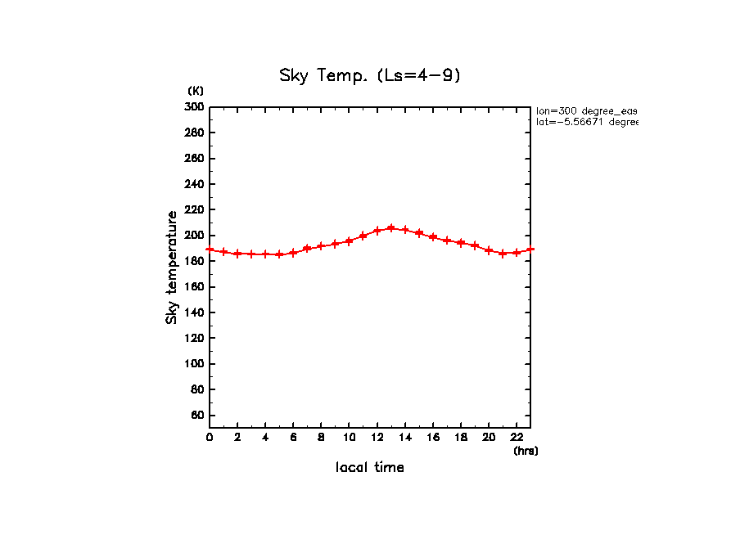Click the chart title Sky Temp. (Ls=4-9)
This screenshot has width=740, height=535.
[x=370, y=76]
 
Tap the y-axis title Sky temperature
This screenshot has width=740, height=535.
[x=172, y=267]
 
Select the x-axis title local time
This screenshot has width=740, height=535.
[x=370, y=468]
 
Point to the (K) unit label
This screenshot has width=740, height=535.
[x=196, y=91]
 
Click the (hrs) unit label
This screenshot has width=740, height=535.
[x=526, y=451]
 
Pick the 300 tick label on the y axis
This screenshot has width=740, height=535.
[x=194, y=106]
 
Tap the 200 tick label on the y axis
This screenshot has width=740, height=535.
[x=194, y=236]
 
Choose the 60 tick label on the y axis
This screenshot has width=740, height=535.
[x=196, y=416]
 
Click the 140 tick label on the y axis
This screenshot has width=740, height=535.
[x=194, y=312]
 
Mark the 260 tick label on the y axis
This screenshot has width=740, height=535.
[x=194, y=158]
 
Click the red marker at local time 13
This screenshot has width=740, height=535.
[x=391, y=228]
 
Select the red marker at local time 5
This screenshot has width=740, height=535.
[x=279, y=254]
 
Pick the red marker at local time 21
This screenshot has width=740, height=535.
[x=503, y=254]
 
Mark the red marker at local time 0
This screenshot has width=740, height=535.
[x=210, y=250]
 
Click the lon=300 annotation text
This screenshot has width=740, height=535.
[x=586, y=110]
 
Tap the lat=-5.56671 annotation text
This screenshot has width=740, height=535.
[x=586, y=122]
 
